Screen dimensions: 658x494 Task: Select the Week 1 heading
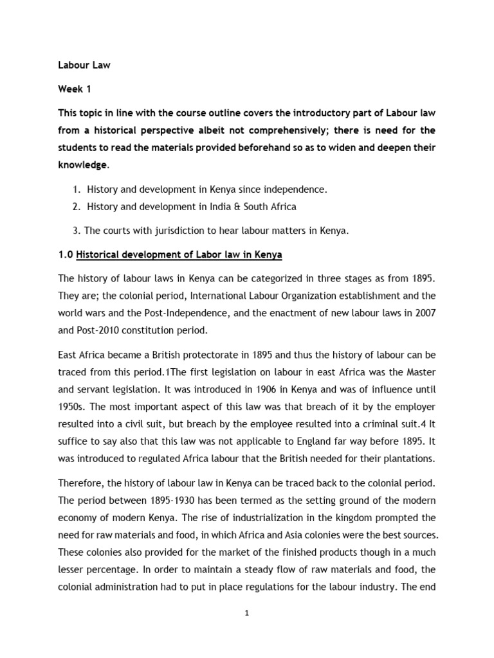75,89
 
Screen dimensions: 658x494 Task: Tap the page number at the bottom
246,613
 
